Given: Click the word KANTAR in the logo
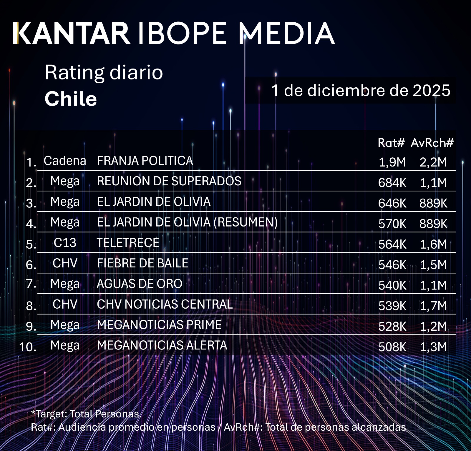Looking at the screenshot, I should [72, 33].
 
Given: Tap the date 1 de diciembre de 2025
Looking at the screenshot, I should [361, 90].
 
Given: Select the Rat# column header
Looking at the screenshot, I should [391, 143].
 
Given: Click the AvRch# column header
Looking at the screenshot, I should [432, 143].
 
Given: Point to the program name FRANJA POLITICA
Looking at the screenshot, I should [145, 161].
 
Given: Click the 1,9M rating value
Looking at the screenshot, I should [392, 162].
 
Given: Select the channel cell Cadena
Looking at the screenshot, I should [65, 161].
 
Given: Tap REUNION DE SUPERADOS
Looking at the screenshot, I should [169, 181].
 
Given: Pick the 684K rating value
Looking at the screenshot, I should [392, 183].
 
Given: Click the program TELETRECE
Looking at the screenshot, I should [128, 243].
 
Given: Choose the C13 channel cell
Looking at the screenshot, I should [65, 243].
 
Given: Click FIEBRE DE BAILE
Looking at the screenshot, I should [142, 263].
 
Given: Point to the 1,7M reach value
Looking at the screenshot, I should [433, 306].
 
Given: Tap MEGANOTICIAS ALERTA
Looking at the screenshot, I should [162, 345].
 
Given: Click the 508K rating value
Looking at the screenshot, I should [392, 347].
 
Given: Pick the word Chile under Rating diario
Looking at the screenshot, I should [71, 99].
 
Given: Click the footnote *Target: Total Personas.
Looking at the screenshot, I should [86, 414].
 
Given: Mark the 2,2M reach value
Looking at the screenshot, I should [433, 162].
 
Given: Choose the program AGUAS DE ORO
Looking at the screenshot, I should [140, 284].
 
